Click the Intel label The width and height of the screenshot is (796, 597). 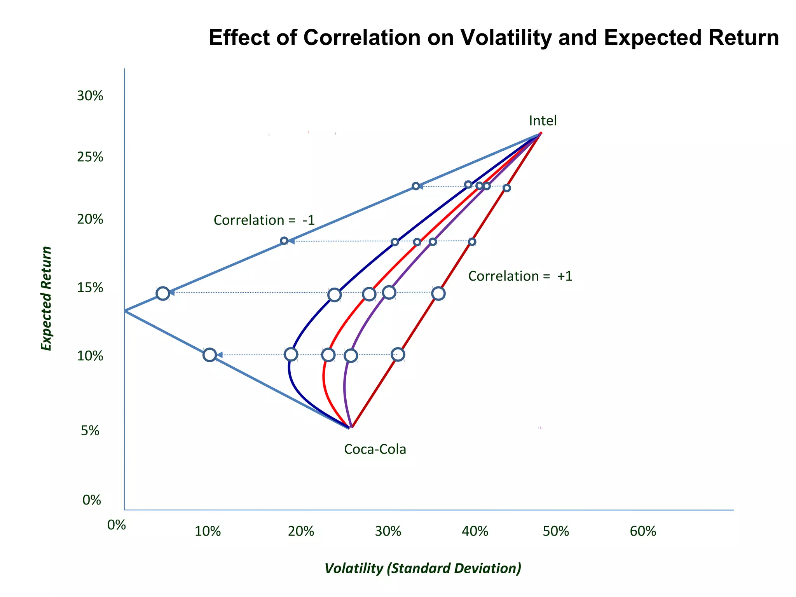543,121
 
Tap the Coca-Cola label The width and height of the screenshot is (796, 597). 375,449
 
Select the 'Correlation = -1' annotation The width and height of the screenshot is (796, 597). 264,220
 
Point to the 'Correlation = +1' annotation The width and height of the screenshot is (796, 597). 520,276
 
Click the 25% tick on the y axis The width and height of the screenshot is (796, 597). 90,157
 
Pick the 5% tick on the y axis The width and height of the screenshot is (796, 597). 90,431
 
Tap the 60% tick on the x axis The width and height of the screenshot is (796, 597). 643,531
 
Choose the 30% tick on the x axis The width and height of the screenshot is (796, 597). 388,531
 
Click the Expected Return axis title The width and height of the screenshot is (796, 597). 46,298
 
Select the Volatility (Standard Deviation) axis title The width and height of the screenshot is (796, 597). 422,568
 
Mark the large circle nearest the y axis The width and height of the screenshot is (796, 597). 163,293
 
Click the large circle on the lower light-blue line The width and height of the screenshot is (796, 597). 209,354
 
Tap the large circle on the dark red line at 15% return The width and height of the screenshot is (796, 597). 438,293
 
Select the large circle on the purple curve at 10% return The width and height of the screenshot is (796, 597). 351,355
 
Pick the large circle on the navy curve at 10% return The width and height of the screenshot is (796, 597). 291,354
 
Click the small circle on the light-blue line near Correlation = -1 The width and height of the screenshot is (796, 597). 284,241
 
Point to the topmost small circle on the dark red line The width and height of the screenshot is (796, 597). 507,188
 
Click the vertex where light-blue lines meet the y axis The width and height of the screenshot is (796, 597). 125,311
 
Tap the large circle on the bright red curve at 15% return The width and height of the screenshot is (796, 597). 369,294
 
